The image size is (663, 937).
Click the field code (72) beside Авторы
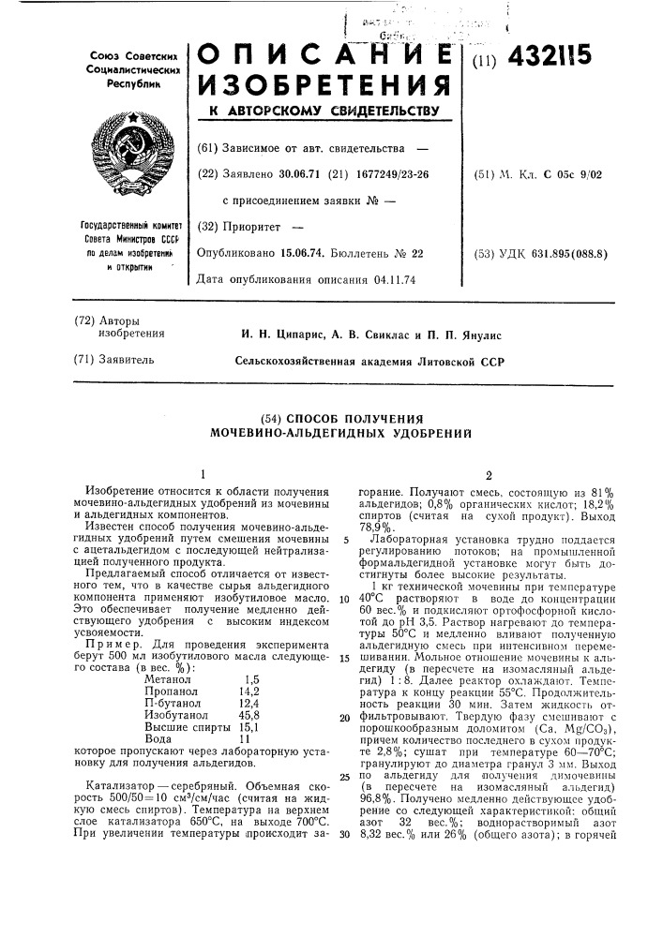84,321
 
